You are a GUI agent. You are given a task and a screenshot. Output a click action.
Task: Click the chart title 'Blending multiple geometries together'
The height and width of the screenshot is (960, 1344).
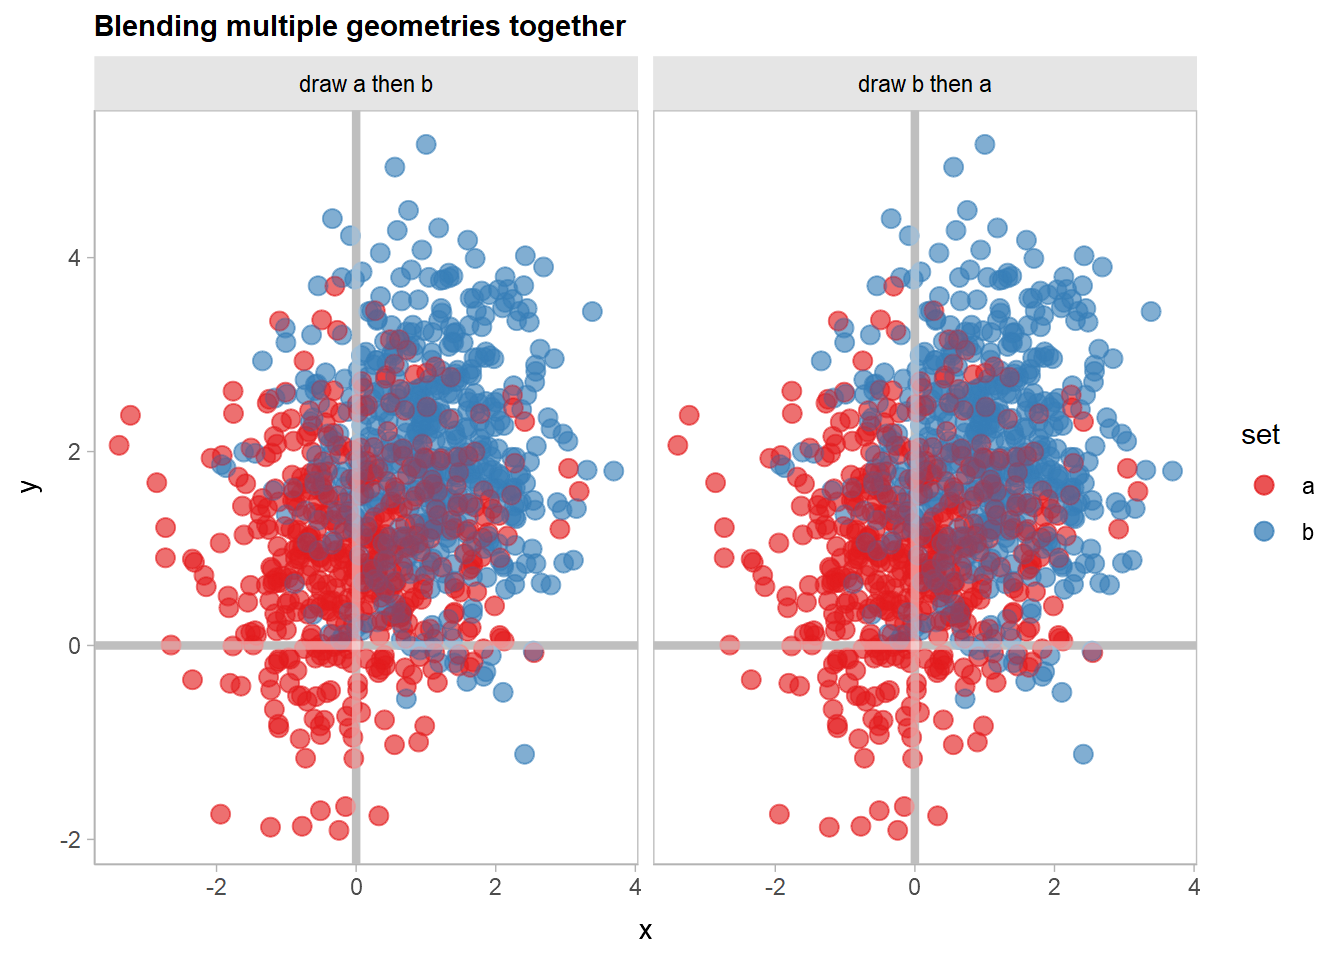point(360,26)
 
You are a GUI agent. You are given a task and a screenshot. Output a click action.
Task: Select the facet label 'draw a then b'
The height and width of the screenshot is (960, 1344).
point(366,84)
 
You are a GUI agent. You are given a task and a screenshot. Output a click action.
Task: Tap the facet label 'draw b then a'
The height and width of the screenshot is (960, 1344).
point(925,84)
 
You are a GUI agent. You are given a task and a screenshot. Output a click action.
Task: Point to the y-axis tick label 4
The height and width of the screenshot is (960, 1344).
point(74,258)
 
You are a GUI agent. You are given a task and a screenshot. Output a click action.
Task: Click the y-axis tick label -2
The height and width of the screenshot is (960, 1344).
point(70,840)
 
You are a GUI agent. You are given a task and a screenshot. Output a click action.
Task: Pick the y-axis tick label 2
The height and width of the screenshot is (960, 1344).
point(74,452)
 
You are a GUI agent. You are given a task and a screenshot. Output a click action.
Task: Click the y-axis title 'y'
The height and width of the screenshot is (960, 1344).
point(31,487)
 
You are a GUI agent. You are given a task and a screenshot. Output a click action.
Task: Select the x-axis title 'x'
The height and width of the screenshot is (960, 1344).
point(645,931)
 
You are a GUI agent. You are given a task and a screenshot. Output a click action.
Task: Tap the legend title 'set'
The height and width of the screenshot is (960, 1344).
point(1260,435)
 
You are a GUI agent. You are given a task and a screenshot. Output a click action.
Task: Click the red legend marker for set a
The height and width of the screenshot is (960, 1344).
point(1264,486)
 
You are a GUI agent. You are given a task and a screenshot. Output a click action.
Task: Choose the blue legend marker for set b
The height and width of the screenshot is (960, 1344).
point(1264,531)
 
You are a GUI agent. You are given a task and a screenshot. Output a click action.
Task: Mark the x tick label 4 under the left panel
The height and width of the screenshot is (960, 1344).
point(635,887)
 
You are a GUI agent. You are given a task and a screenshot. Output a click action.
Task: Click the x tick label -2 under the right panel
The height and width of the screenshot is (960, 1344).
point(775,887)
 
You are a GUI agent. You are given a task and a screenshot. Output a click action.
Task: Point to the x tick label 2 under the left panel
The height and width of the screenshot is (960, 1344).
point(495,887)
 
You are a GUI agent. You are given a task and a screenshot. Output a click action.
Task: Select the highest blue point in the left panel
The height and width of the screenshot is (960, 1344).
point(426,144)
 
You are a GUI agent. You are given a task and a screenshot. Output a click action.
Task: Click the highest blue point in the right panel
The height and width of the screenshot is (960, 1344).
point(985,144)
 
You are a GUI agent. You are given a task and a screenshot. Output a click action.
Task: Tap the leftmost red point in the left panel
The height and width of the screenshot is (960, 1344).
point(119,445)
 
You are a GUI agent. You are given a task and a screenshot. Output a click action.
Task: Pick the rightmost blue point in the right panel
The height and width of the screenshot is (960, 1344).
point(1173,471)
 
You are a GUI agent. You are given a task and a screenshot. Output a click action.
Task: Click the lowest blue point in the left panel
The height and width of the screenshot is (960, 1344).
point(524,754)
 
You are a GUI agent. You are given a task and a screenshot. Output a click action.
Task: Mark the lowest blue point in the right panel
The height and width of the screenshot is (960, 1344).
point(1083,754)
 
